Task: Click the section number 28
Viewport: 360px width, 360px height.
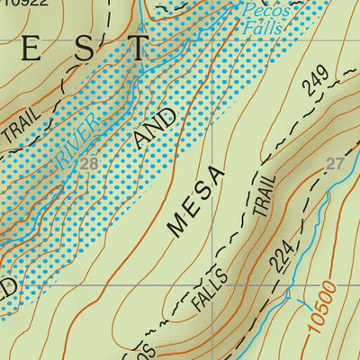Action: [x=88, y=164]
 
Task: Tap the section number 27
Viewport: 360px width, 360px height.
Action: [x=335, y=164]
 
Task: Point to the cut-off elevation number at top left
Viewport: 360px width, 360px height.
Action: [x=24, y=4]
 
